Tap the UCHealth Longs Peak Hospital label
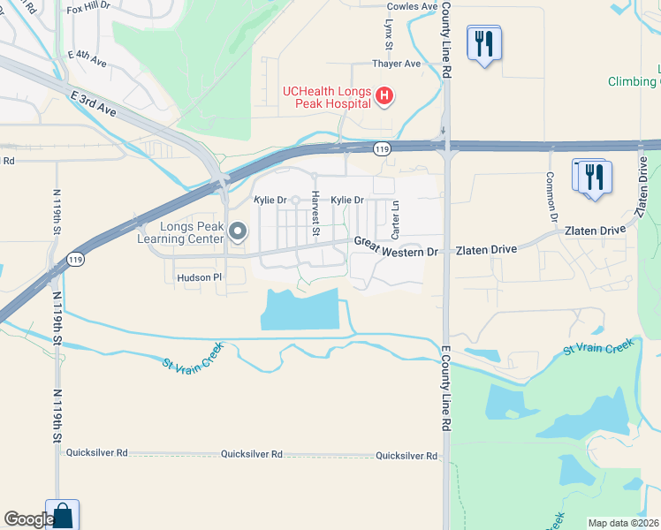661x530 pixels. tap(326, 96)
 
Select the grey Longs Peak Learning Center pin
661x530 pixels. tap(237, 232)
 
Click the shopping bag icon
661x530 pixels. tap(62, 516)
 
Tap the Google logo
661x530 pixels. tap(28, 519)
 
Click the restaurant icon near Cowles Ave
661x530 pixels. tap(483, 43)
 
